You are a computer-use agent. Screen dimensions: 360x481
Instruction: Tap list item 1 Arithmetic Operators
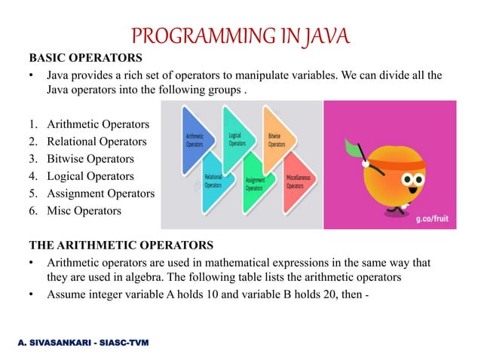[x=97, y=124]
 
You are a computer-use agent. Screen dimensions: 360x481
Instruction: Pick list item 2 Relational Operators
[x=97, y=142]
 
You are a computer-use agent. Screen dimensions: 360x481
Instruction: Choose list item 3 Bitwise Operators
[x=90, y=159]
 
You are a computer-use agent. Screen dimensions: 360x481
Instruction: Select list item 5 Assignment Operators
[x=100, y=194]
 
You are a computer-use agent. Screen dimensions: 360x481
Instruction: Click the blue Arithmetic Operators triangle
[x=198, y=139]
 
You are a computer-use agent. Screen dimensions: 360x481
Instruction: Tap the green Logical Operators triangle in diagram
[x=240, y=138]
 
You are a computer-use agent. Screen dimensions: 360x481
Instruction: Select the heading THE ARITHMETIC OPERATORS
[x=121, y=245]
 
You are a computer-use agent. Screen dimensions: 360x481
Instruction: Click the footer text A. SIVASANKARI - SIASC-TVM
[x=84, y=343]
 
